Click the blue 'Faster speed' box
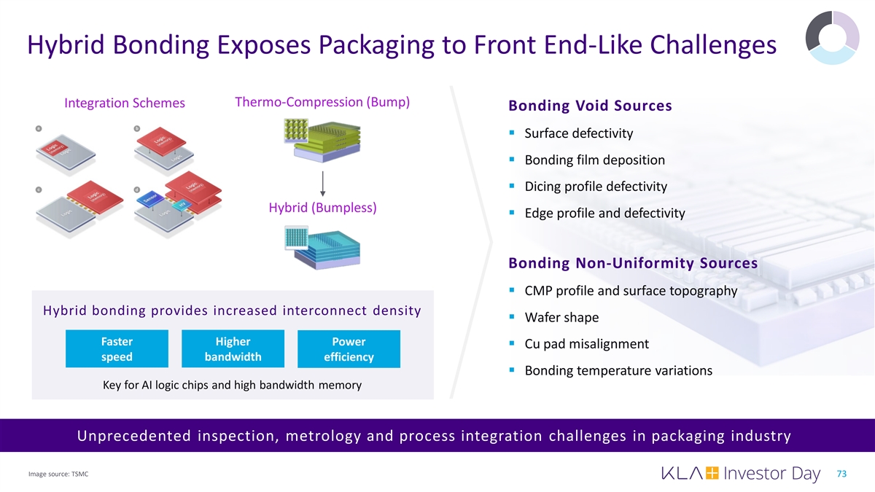(117, 349)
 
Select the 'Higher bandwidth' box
(233, 349)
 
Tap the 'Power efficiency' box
(349, 349)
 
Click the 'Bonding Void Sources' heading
(590, 106)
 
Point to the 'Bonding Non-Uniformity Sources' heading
(632, 262)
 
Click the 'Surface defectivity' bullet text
(578, 133)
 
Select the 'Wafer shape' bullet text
(561, 318)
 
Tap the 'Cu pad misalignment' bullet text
(586, 344)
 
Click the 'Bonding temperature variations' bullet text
(618, 371)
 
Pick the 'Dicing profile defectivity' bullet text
(595, 187)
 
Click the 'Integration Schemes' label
(125, 104)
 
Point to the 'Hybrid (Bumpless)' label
(322, 208)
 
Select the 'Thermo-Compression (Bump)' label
(322, 102)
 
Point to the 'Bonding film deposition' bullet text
(594, 160)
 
